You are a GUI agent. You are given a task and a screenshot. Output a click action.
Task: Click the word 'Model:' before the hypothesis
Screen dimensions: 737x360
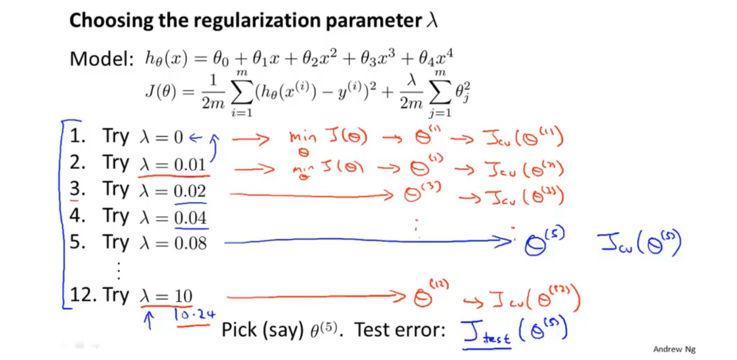tap(101, 60)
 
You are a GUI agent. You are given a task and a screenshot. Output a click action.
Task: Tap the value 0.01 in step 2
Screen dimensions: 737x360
tap(190, 165)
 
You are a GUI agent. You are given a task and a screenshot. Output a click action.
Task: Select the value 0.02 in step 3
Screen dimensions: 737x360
tap(190, 192)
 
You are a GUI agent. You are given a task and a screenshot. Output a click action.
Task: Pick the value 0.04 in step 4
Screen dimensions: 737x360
tap(190, 218)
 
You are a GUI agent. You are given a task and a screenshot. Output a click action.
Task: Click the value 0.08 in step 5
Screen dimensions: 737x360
tap(190, 244)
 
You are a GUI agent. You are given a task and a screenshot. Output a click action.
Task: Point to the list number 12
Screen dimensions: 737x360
tap(80, 295)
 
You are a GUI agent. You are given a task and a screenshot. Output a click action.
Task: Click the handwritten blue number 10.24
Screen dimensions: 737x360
tap(195, 315)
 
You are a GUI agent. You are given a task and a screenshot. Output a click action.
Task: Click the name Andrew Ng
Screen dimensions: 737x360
tap(674, 349)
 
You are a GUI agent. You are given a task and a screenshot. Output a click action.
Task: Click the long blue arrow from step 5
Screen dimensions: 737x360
tap(365, 243)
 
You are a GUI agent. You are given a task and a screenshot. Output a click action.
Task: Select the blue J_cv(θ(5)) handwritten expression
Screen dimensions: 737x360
tap(639, 244)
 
